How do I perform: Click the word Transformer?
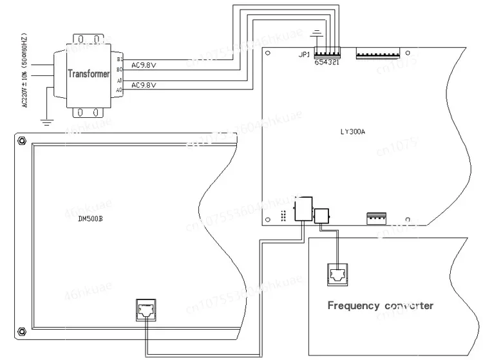pos(90,73)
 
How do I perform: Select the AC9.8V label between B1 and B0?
pos(144,64)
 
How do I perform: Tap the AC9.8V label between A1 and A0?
pos(144,85)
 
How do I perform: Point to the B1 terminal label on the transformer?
pos(119,59)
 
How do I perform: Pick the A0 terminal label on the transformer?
pos(119,90)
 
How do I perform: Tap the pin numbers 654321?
pos(327,62)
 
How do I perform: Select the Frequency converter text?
pos(380,306)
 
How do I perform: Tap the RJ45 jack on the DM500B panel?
pos(146,308)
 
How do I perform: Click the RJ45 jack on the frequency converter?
pos(337,274)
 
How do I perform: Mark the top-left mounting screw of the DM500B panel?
pos(22,140)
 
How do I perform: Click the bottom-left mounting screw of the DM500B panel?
pos(22,332)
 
